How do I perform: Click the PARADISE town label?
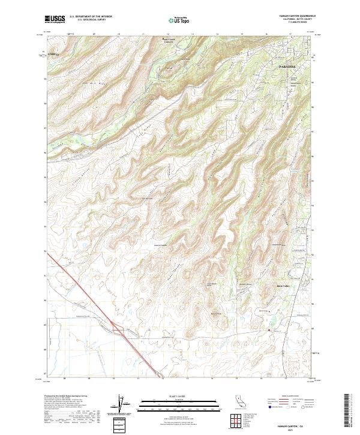tap(288, 67)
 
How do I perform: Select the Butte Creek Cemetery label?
tap(172, 41)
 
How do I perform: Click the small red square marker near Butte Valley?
tap(269, 330)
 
